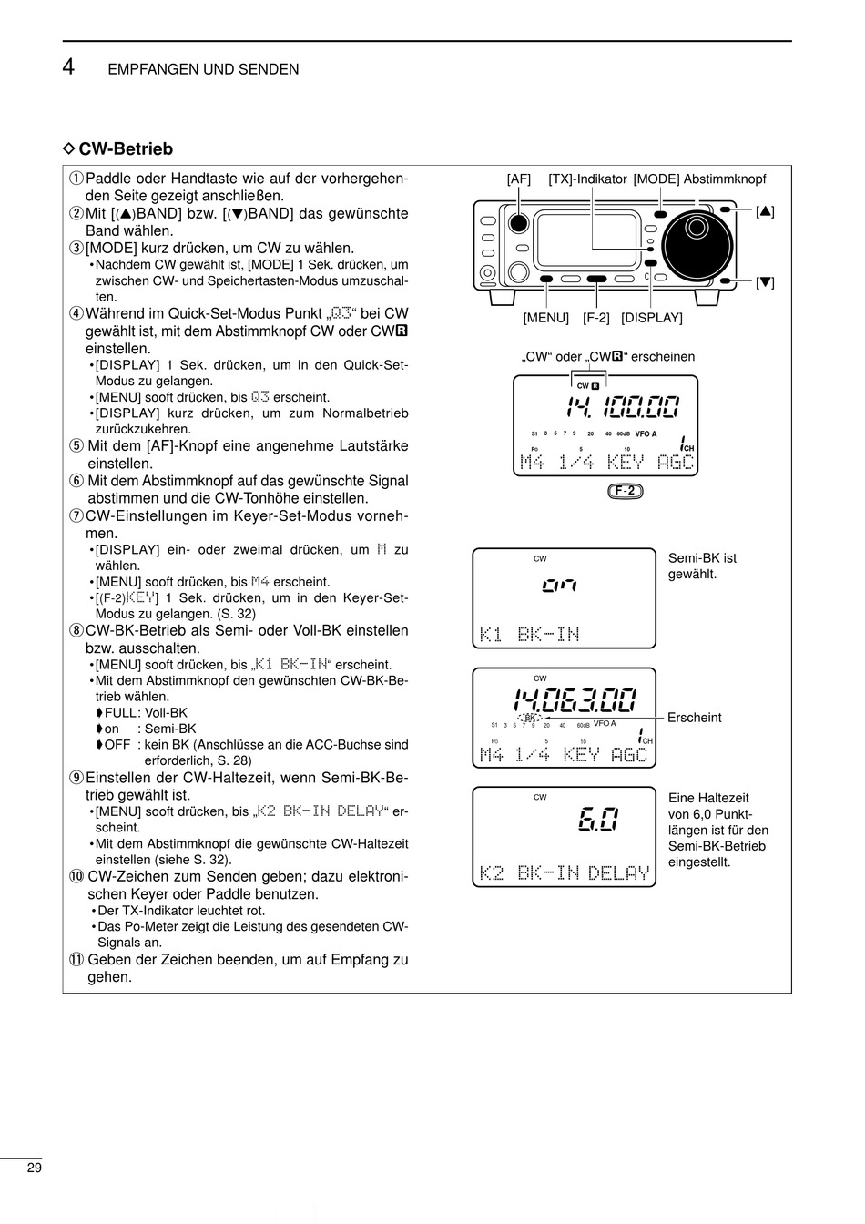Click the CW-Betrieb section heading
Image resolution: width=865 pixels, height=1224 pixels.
tap(125, 148)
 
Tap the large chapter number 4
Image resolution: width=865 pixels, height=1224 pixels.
tap(69, 67)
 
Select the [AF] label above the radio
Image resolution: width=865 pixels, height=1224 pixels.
tap(518, 179)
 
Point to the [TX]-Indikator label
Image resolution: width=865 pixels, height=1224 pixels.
tap(587, 179)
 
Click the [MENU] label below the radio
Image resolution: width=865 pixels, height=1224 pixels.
tap(545, 318)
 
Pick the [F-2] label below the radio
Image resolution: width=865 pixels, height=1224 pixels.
tap(596, 318)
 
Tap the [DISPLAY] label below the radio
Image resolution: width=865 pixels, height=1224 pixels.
tap(652, 318)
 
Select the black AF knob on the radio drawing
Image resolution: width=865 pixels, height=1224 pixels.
tap(518, 223)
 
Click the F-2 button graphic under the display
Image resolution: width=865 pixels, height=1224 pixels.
tap(626, 491)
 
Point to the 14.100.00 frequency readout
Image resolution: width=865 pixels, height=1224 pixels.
tap(622, 409)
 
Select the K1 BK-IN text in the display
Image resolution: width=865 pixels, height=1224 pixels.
tap(530, 634)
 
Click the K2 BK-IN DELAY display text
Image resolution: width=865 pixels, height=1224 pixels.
tap(565, 873)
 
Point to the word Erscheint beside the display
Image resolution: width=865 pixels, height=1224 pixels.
tap(694, 718)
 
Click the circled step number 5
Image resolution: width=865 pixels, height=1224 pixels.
tap(76, 446)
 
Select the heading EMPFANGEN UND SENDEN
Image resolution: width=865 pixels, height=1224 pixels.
tap(203, 69)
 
